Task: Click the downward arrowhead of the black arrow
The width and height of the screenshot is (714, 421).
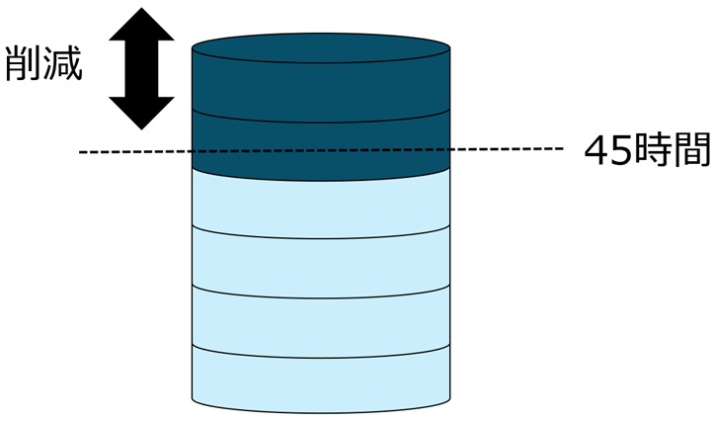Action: [140, 111]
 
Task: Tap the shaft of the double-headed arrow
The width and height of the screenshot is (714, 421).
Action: [140, 69]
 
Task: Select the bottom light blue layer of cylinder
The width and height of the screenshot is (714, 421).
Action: [321, 380]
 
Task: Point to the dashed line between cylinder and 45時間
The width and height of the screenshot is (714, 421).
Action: [504, 150]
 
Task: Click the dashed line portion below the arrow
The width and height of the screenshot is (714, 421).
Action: [138, 151]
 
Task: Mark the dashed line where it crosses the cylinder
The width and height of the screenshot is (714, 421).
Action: [321, 151]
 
